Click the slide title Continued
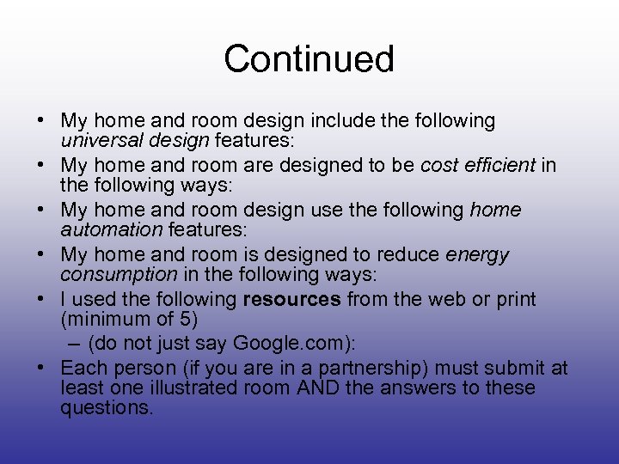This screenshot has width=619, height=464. [309, 59]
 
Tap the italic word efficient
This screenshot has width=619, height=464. [504, 165]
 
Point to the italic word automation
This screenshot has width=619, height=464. [111, 229]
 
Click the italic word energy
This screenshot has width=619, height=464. [477, 255]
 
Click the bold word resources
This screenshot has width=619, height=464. [292, 299]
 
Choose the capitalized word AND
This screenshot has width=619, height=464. [319, 388]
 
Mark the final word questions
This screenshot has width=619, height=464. [107, 407]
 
